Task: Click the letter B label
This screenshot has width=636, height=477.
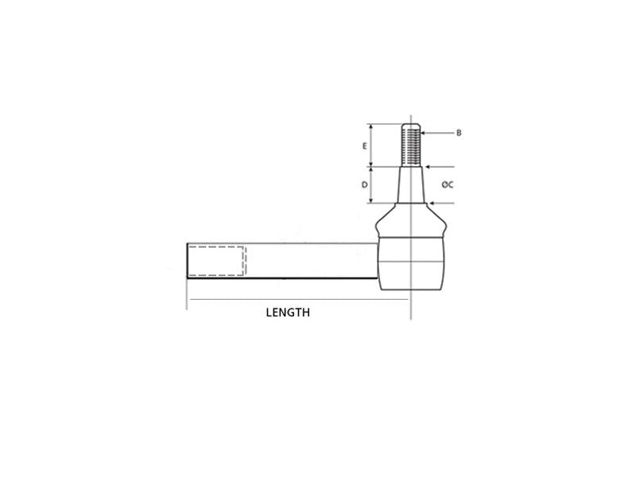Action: pos(459,132)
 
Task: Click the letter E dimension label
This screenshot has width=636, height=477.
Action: pos(364,146)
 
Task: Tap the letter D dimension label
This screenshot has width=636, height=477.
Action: pos(364,184)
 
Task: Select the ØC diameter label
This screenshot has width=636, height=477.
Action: pos(448,184)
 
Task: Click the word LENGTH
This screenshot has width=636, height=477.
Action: pos(288,313)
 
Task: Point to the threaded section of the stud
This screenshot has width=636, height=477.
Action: pos(410,146)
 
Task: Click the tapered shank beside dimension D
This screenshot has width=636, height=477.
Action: pos(409,184)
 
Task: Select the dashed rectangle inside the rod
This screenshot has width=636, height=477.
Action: pos(217,261)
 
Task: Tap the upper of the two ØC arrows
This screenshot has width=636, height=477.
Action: pos(438,167)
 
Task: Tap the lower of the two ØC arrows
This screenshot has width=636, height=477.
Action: pos(442,203)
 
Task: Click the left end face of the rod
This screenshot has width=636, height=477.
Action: pos(188,261)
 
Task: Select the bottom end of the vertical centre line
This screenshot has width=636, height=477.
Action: pos(410,318)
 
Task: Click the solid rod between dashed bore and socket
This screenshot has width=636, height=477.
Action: pos(310,261)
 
